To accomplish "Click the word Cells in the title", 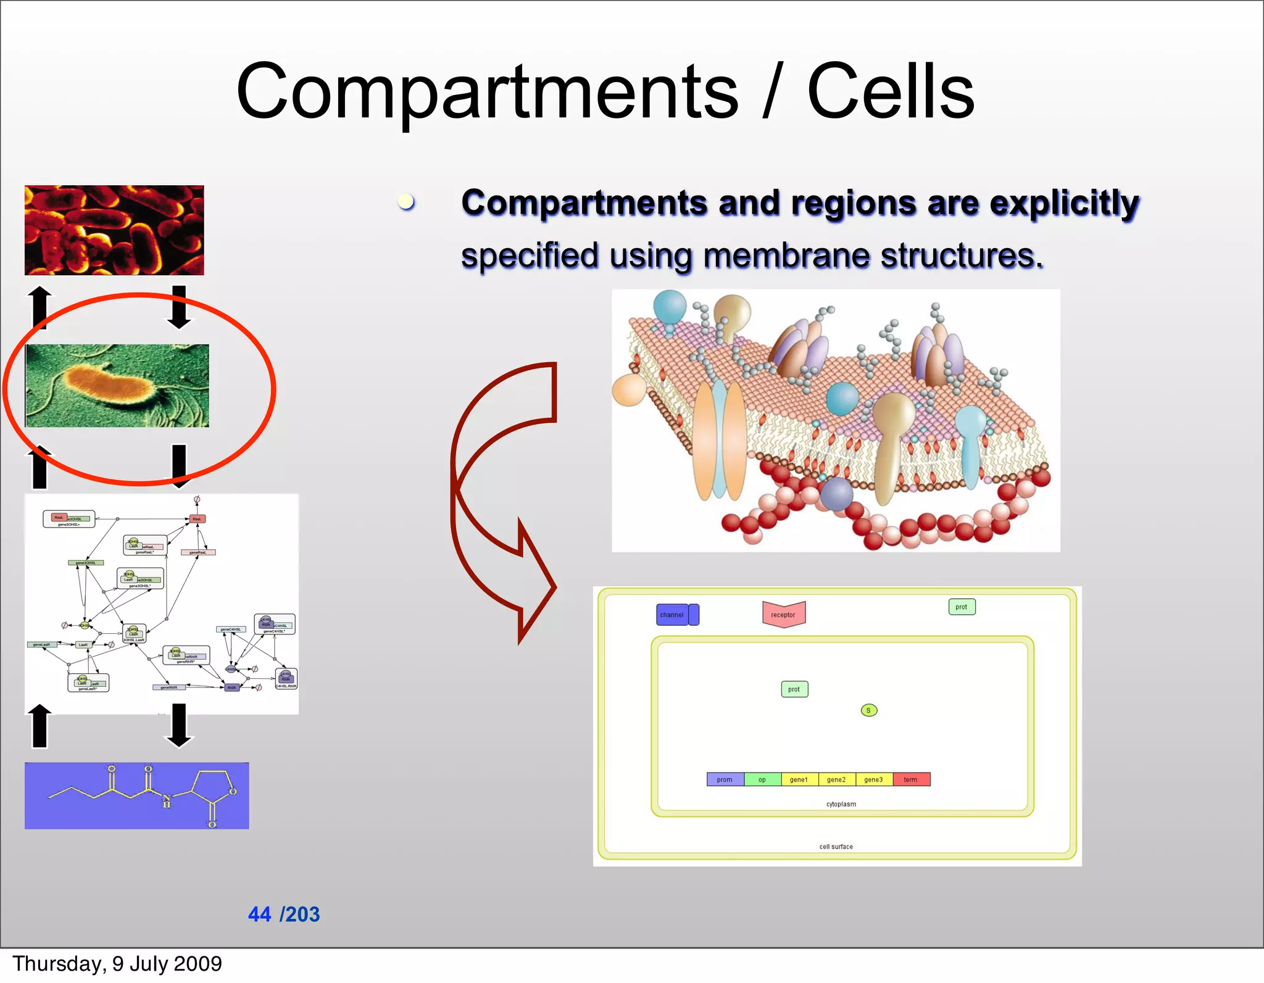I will pos(890,93).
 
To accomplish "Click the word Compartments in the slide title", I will pos(486,93).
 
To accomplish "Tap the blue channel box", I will pos(673,615).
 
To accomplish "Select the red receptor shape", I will pos(783,615).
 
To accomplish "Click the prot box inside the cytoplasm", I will pos(794,689).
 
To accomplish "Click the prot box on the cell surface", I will pos(961,607).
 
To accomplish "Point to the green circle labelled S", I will pos(868,710).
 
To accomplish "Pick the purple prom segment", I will pos(725,779).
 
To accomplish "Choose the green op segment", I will pos(762,779).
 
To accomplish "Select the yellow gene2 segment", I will pos(836,779).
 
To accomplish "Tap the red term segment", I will pos(910,779).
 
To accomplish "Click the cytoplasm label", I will pos(841,804).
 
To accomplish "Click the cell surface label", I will pos(836,847).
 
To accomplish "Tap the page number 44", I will pos(259,914).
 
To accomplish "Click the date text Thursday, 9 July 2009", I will pos(117,963).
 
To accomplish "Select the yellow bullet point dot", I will pos(405,201).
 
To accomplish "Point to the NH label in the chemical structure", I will pos(166,801).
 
